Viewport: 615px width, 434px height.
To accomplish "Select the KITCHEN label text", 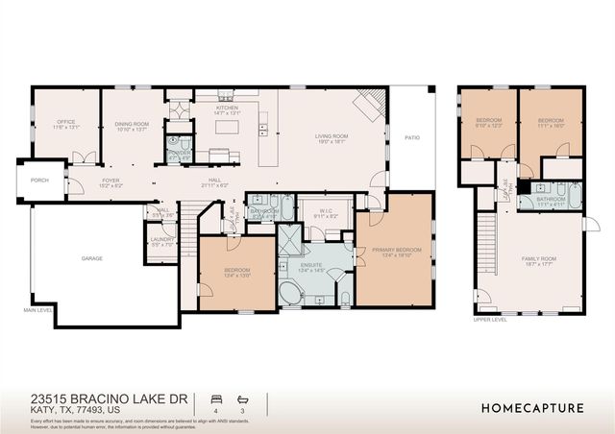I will [227, 108].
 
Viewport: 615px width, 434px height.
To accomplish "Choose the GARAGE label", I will [92, 258].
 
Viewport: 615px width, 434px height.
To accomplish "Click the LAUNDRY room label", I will [161, 241].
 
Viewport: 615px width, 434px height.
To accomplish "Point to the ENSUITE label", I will [313, 268].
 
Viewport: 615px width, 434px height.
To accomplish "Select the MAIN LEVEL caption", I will [37, 311].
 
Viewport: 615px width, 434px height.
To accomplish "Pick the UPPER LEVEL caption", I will [489, 320].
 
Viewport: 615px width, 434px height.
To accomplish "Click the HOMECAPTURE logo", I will [532, 407].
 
